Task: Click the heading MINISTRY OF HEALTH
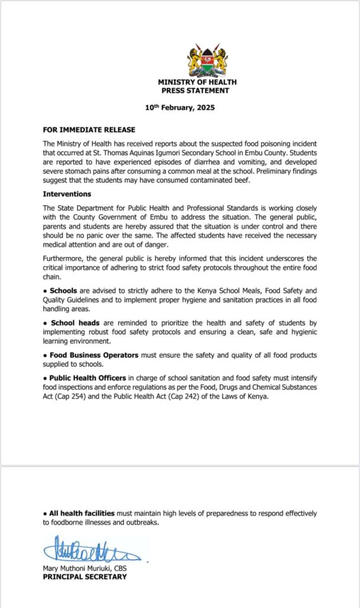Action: pos(197,82)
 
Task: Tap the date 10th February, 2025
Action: pos(180,109)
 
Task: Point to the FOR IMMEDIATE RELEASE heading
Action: pos(89,130)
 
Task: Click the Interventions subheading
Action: pos(67,194)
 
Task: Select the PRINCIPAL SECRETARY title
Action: pos(84,577)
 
